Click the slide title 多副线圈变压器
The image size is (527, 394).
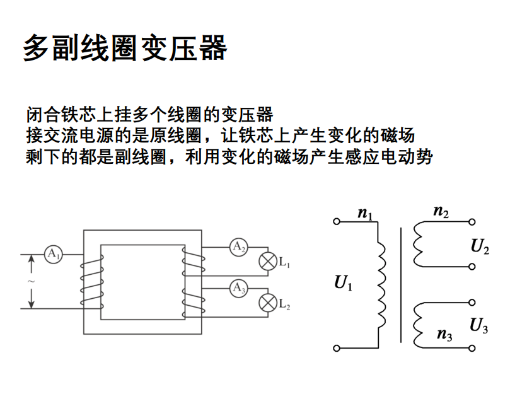point(125,47)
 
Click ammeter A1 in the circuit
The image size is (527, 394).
point(53,254)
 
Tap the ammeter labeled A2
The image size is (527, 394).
point(238,247)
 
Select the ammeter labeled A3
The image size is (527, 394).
point(238,289)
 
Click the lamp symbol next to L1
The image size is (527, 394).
point(268,262)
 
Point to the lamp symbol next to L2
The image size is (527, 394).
point(268,303)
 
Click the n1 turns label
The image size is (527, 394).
point(365,214)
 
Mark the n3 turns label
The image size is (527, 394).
point(444,335)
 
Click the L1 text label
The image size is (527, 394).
point(284,263)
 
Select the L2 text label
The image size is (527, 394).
point(284,305)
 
